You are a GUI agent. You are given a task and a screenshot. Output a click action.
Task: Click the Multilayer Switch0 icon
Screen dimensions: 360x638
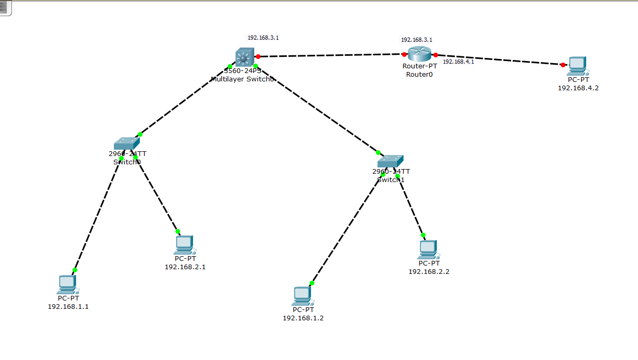[244, 56]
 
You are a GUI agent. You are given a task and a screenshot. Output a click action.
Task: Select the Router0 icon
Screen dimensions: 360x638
[420, 53]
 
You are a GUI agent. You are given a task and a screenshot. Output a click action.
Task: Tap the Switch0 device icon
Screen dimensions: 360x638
[127, 143]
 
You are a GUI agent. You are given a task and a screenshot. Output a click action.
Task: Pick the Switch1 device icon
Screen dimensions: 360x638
[391, 161]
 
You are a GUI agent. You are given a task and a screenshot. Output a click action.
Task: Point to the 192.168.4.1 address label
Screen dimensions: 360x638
[458, 62]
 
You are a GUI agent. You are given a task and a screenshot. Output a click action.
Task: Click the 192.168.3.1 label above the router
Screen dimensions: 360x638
[417, 40]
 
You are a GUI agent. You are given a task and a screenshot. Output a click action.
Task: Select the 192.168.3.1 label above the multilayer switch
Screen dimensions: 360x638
[263, 38]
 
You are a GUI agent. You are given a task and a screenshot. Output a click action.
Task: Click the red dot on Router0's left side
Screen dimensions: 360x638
[404, 54]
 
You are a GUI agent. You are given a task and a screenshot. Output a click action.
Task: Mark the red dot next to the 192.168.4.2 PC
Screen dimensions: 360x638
[563, 65]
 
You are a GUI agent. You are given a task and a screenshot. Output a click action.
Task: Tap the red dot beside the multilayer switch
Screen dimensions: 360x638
[258, 56]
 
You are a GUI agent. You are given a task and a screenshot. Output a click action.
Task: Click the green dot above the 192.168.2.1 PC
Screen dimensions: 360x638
[178, 231]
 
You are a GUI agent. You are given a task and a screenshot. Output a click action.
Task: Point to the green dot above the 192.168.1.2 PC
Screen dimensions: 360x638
[312, 283]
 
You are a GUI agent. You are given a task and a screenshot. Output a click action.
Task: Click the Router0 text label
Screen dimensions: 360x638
[420, 74]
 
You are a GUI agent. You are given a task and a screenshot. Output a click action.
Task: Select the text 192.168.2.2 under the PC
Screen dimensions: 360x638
[429, 271]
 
